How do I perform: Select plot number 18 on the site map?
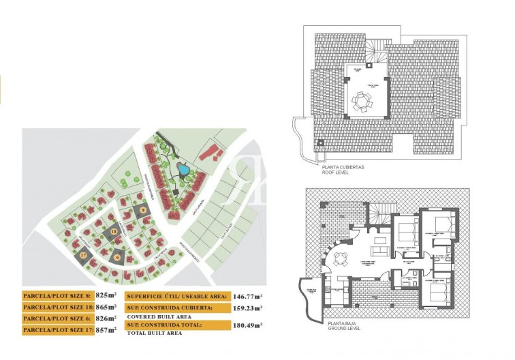pyautogui.click(x=114, y=231)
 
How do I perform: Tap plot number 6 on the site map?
pyautogui.click(x=119, y=257)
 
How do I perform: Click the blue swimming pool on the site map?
pyautogui.click(x=183, y=168)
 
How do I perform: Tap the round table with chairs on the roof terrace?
pyautogui.click(x=362, y=102)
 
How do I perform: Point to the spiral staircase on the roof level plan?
pyautogui.click(x=373, y=51)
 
